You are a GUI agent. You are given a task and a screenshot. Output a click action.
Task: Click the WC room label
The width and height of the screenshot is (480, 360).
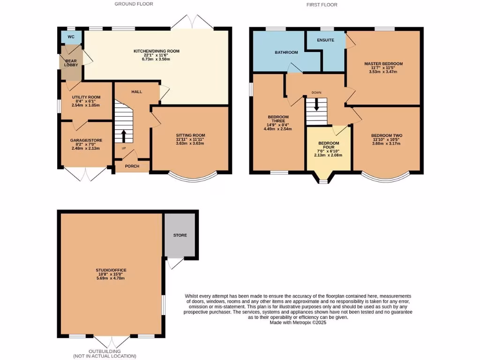71,37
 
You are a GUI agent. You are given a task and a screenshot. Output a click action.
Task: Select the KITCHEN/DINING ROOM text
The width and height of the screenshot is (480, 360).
156,51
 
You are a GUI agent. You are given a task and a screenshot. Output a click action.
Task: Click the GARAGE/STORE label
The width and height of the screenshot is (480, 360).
83,140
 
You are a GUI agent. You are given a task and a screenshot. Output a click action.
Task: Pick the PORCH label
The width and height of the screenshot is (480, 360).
132,166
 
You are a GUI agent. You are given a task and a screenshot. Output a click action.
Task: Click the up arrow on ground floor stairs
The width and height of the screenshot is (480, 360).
124,135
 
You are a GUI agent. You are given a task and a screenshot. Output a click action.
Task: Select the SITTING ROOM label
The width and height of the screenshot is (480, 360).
190,135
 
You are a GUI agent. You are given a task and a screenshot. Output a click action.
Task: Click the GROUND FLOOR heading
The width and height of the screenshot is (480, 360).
134,4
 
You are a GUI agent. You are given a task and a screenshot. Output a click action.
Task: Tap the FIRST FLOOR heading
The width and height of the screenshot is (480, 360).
322,5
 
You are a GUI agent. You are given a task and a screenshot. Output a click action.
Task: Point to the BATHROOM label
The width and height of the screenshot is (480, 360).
286,52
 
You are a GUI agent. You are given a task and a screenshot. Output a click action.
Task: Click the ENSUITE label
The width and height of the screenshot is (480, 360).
325,40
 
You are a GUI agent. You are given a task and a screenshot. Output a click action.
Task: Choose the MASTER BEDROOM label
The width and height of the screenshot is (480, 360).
383,64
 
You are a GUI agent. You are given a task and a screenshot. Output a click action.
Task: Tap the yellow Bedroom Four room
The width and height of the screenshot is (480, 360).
328,155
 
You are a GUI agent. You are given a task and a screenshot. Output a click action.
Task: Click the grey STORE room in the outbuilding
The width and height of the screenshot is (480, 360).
180,235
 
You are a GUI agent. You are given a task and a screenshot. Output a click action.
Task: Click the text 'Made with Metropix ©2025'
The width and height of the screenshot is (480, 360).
298,322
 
